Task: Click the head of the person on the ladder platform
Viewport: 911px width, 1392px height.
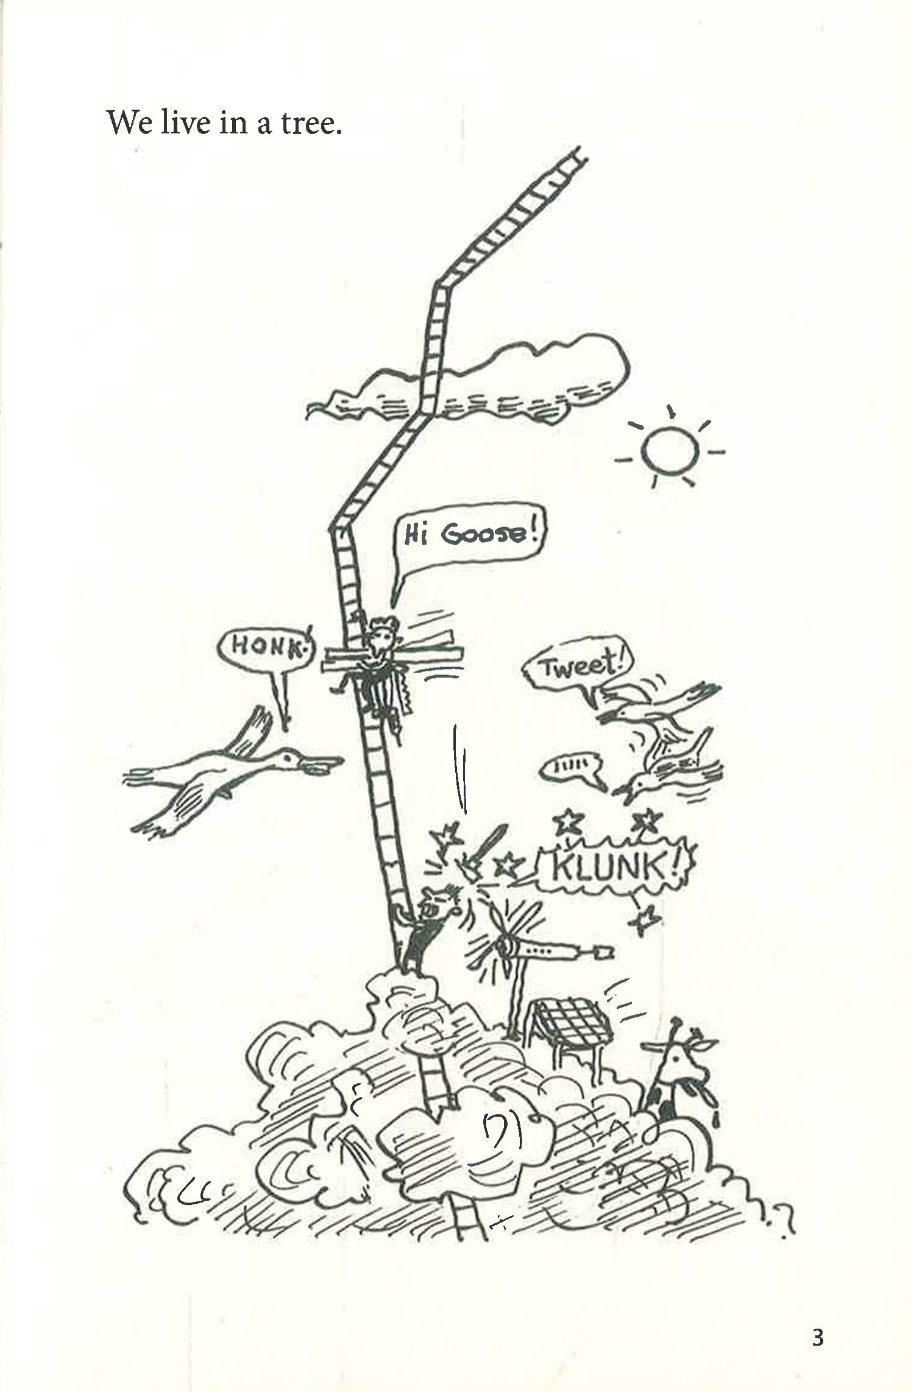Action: [x=383, y=634]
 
